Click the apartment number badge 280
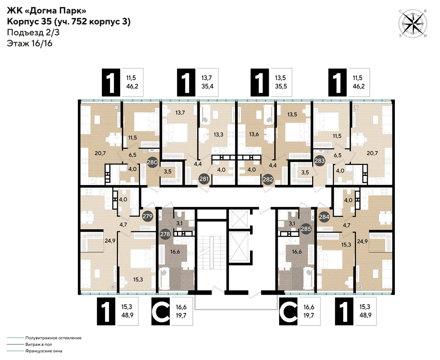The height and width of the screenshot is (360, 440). pyautogui.click(x=152, y=162)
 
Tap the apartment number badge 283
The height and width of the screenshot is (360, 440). pyautogui.click(x=320, y=161)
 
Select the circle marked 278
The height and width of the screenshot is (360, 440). pyautogui.click(x=165, y=234)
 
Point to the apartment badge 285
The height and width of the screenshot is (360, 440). pyautogui.click(x=306, y=229)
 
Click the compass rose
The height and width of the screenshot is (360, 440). pyautogui.click(x=412, y=23)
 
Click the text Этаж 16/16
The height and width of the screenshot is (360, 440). pyautogui.click(x=29, y=44)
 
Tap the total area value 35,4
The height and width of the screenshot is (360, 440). pyautogui.click(x=208, y=87)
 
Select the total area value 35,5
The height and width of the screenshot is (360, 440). pyautogui.click(x=281, y=87)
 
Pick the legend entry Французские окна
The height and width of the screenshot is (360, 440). pyautogui.click(x=44, y=351)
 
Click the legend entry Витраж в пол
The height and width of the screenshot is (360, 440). pyautogui.click(x=38, y=344)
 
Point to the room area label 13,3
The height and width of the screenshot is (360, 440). pyautogui.click(x=219, y=135)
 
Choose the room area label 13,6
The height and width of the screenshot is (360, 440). pyautogui.click(x=254, y=134)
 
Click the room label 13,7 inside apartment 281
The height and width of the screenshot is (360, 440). pyautogui.click(x=180, y=113)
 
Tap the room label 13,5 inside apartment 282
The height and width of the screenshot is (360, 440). pyautogui.click(x=292, y=114)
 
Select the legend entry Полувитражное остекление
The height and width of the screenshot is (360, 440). pyautogui.click(x=54, y=338)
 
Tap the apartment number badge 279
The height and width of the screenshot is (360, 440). pyautogui.click(x=147, y=216)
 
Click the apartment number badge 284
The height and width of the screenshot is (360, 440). pyautogui.click(x=324, y=217)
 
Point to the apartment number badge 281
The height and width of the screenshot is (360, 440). pyautogui.click(x=204, y=179)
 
